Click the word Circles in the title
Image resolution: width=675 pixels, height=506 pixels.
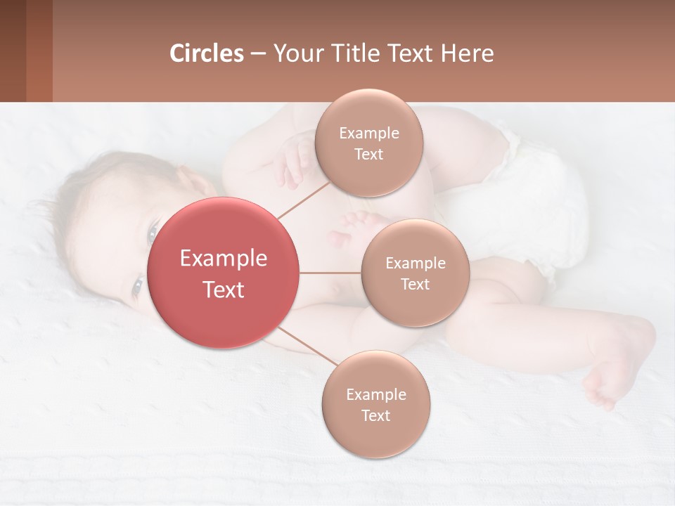coord(207,53)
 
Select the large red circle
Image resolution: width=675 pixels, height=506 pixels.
coord(224,273)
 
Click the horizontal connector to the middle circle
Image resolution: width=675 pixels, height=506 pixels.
coord(330,273)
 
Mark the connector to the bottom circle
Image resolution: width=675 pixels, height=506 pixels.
coord(306,346)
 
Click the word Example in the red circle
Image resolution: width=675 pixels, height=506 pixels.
coord(224,259)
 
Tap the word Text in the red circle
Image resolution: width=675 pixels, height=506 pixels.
coord(224,290)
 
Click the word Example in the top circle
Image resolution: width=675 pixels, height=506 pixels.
coord(369,134)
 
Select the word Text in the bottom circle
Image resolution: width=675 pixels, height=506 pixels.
coord(375,415)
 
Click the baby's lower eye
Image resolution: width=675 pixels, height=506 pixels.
coord(138,286)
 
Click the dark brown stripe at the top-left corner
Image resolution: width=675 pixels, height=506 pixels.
coord(13,51)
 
